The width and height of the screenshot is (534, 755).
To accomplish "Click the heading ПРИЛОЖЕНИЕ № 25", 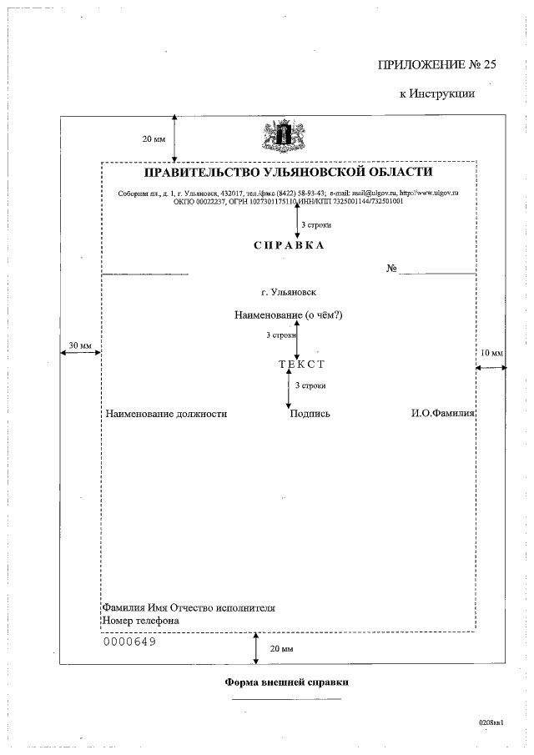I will point(426,64).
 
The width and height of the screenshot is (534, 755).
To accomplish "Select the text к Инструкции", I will point(436,93).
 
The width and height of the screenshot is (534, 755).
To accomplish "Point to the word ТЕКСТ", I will point(301,364).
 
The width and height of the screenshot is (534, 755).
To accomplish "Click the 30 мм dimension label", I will point(80,345).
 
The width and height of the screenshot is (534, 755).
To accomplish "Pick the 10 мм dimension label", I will point(492,354).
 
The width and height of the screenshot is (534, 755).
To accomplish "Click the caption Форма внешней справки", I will point(287,682).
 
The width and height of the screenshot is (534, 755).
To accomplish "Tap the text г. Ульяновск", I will point(288,293).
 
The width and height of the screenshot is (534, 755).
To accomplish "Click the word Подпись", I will point(310,413).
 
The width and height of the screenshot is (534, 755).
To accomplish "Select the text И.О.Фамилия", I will point(443,413).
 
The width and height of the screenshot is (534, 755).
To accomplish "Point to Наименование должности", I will point(166,413).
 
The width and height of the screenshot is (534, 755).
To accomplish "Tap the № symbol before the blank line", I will point(390,269).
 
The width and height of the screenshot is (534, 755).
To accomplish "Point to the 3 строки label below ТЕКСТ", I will point(310,385).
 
